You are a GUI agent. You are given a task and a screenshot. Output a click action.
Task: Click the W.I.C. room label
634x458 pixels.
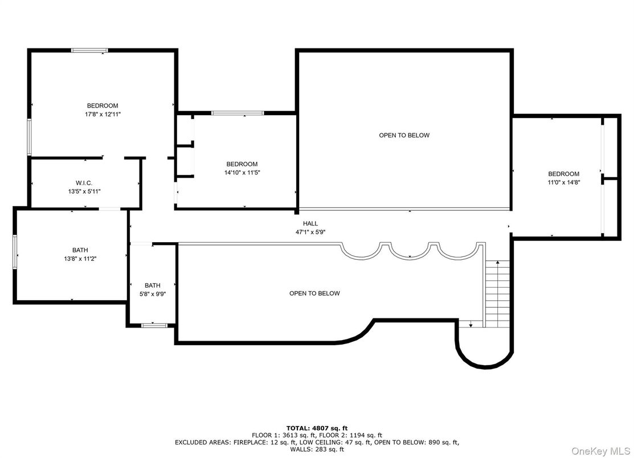pos(84,183)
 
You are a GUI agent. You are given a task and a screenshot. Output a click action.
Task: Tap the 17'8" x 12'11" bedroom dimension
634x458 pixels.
pos(103,114)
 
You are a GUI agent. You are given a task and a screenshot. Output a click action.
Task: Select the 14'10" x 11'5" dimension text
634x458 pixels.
pos(242,173)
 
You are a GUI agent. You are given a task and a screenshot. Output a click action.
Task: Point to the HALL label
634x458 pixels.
pos(310,223)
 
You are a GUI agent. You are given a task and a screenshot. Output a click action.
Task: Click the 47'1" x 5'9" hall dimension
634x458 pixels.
pos(310,232)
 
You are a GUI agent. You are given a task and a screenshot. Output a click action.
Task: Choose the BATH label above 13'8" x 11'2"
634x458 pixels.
pos(80,250)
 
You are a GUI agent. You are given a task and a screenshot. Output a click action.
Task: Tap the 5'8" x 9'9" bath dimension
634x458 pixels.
pos(153,295)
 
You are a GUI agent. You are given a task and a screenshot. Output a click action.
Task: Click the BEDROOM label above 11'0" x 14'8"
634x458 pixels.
pos(563,174)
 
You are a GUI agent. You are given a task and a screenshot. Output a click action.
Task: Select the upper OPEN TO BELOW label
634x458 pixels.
pos(404,135)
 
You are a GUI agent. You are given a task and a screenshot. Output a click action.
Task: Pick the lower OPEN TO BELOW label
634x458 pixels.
pos(314,293)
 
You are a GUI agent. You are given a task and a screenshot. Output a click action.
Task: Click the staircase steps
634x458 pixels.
pos(497,293)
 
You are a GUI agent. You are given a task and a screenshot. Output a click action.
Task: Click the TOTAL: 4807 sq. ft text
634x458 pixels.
pos(317,428)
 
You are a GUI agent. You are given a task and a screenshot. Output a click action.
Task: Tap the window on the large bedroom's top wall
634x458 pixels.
pos(89,50)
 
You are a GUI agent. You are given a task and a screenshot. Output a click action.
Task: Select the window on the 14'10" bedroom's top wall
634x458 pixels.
pos(238,113)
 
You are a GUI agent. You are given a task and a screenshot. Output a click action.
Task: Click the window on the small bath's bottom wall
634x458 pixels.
pos(154,325)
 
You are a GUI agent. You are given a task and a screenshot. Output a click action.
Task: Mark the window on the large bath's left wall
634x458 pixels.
pos(15,252)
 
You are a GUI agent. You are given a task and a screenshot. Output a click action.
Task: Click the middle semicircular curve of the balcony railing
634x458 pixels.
pos(410,253)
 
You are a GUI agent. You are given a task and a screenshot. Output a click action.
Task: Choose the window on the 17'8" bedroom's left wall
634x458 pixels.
pos(29,137)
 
